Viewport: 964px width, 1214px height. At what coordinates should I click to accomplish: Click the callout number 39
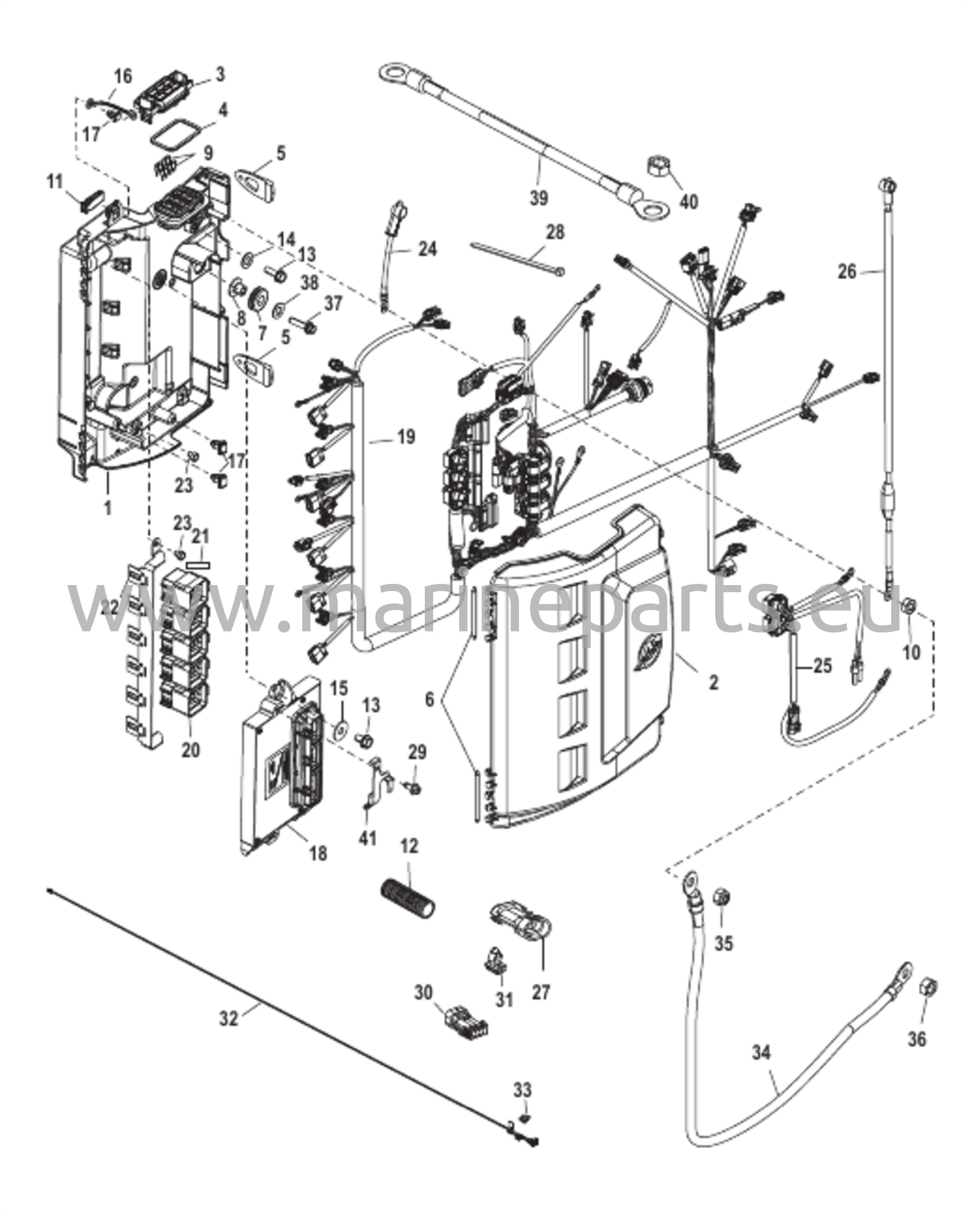click(539, 198)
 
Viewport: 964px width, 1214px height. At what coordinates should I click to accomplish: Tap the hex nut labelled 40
click(657, 170)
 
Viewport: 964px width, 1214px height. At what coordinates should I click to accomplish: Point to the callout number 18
click(318, 854)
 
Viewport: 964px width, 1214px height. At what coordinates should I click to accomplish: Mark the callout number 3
click(220, 75)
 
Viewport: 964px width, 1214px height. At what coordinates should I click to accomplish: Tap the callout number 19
click(406, 437)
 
